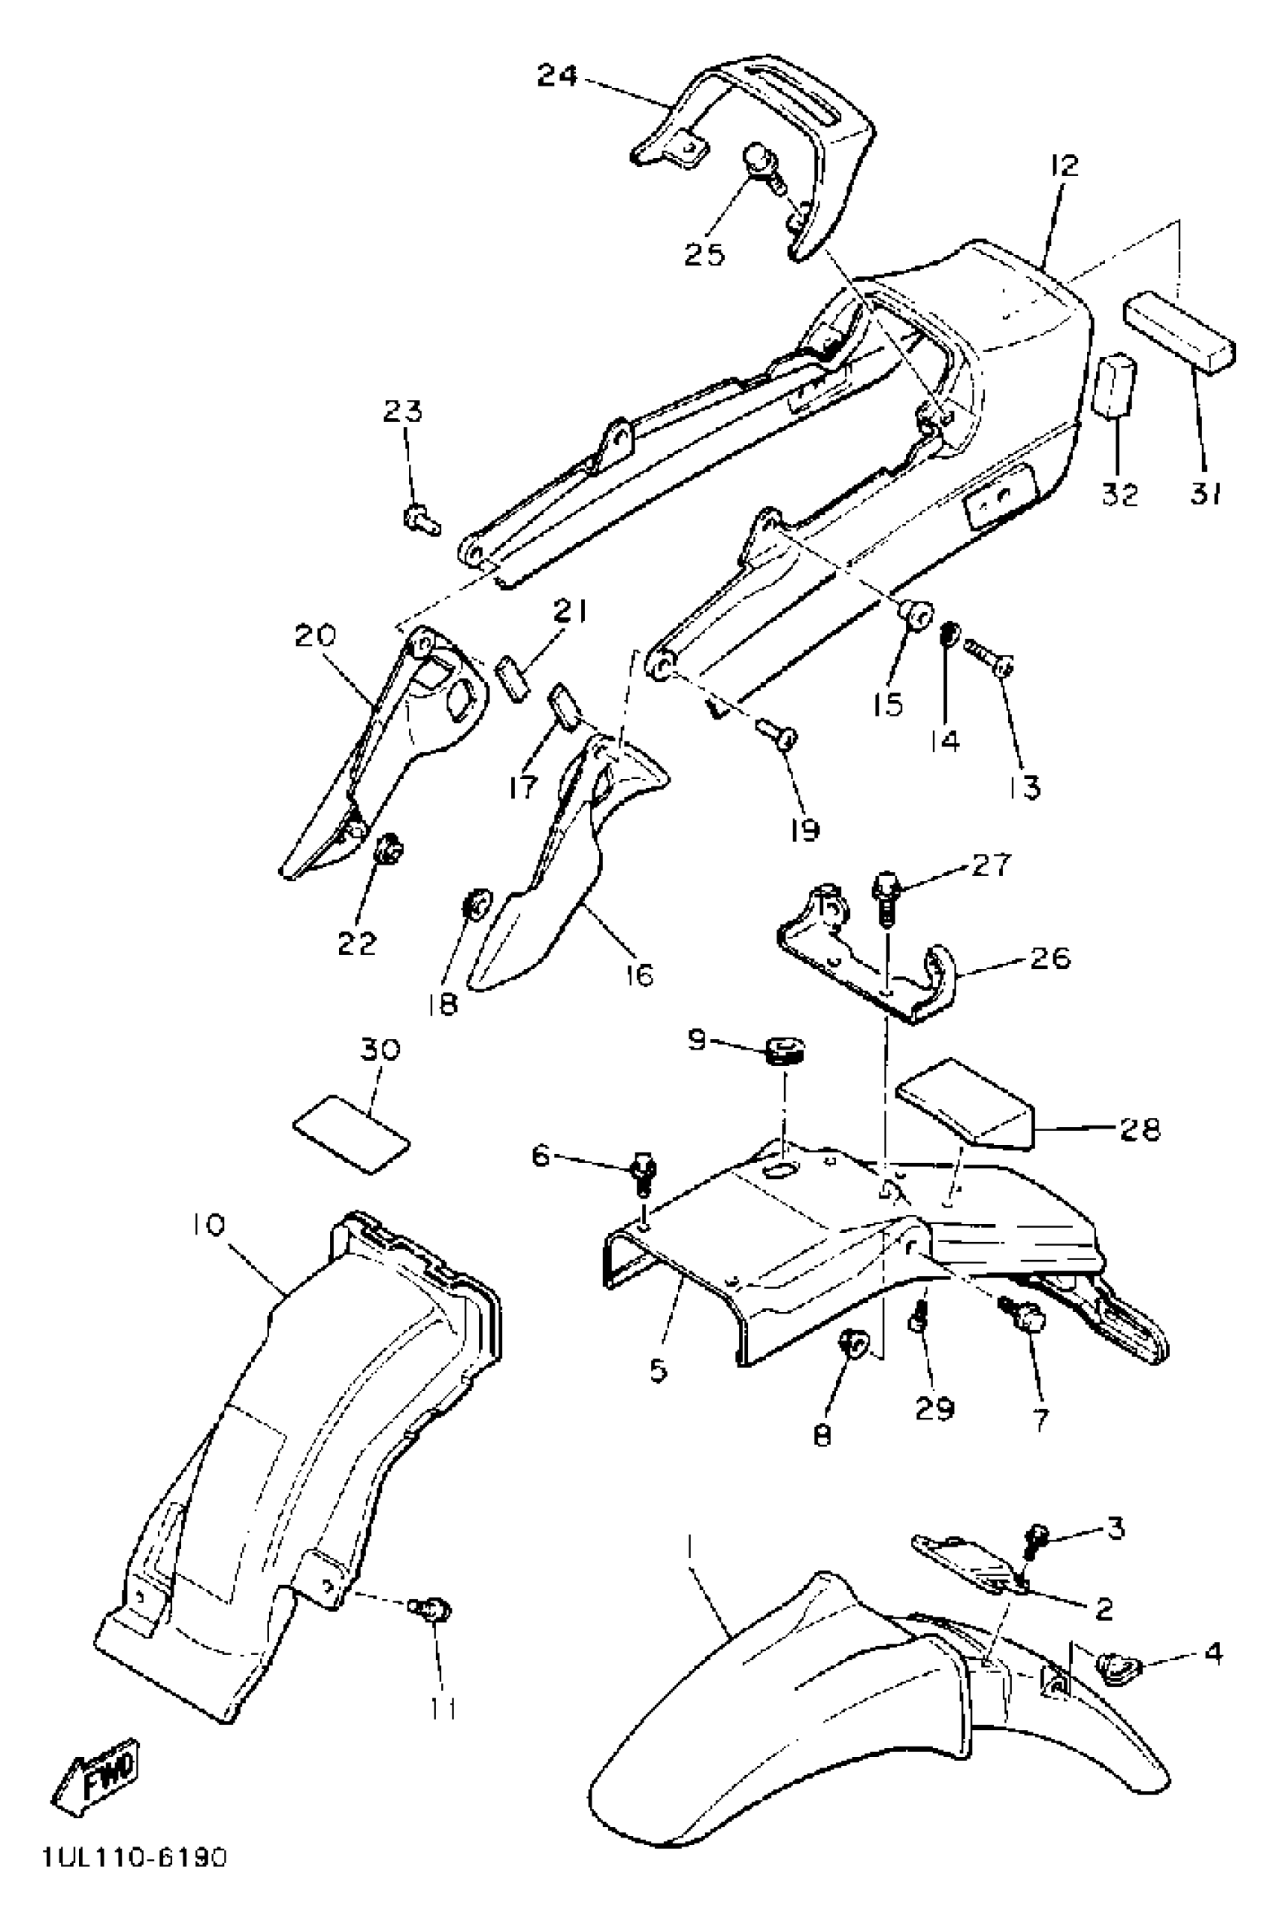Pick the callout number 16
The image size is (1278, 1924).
(x=641, y=974)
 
